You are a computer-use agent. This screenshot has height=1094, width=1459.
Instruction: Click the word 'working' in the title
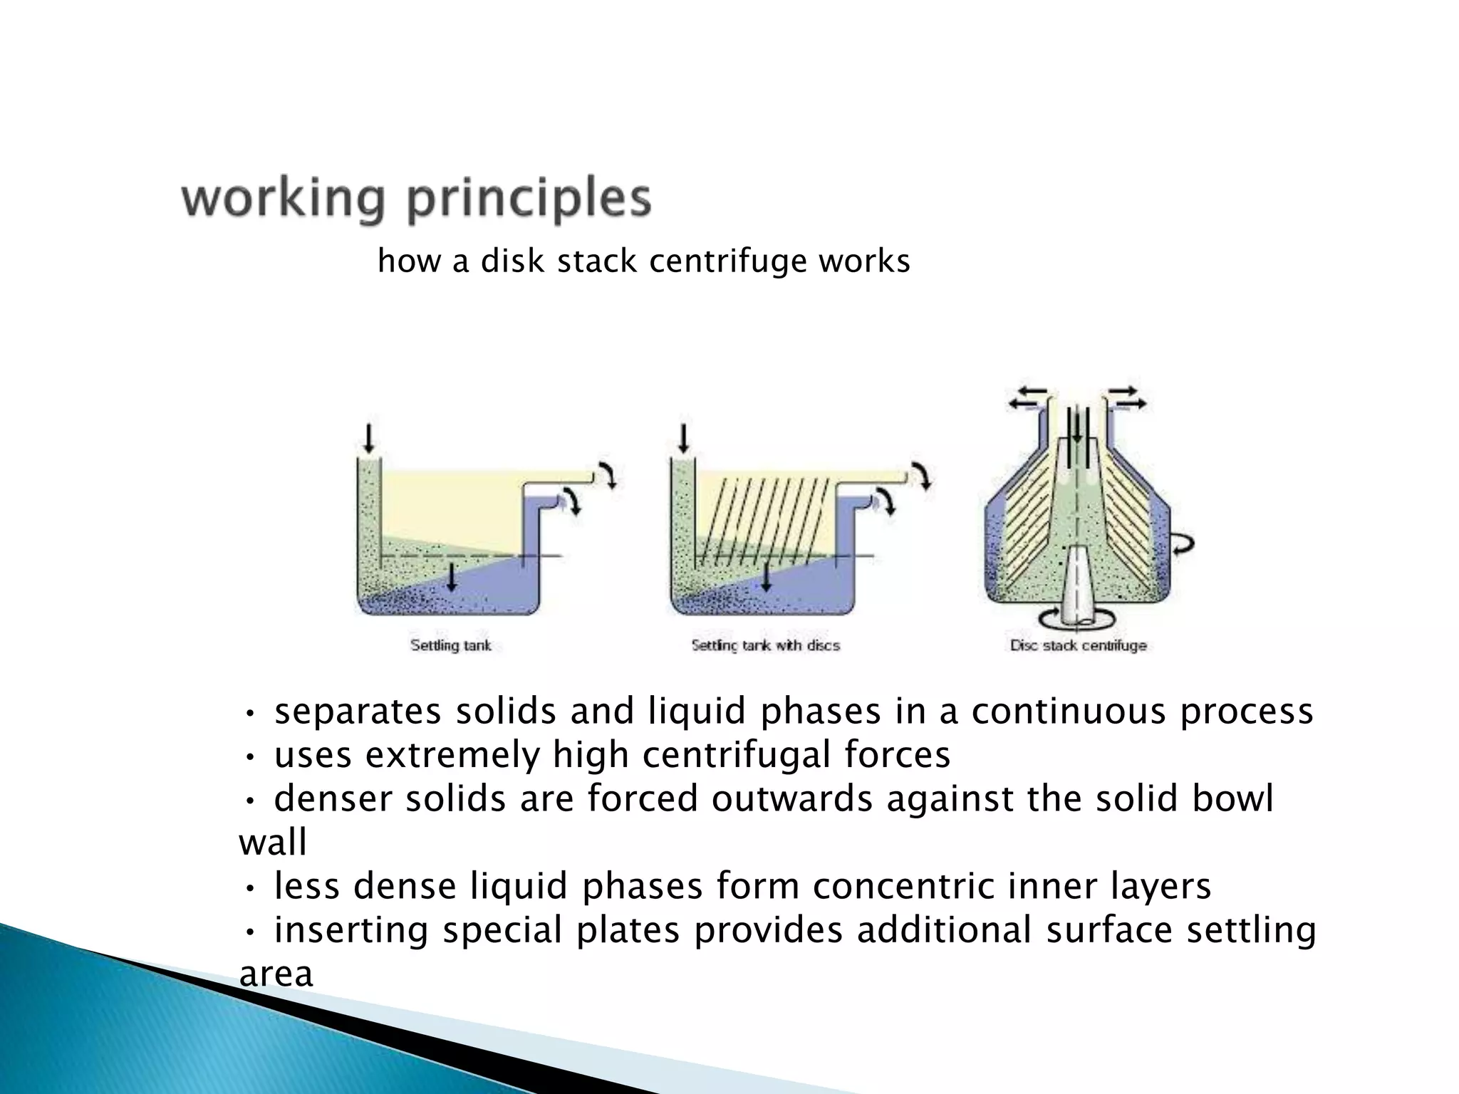coord(283,199)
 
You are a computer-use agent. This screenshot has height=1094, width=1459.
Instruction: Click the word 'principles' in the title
coord(529,201)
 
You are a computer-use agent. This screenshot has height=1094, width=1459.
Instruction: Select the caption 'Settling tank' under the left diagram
coord(450,646)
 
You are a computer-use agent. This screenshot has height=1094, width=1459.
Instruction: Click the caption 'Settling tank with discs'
coord(765,646)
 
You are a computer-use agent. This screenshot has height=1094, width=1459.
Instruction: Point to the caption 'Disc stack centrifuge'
coord(1078,646)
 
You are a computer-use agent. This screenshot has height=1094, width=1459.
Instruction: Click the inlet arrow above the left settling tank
coord(368,437)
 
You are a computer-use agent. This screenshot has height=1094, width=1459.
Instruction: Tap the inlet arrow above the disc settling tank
coord(683,437)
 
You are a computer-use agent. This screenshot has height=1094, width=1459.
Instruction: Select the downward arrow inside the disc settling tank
coord(766,575)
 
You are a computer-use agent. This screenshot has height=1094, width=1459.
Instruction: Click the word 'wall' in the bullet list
coord(273,843)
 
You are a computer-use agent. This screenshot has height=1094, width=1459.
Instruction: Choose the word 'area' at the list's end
coord(276,974)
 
